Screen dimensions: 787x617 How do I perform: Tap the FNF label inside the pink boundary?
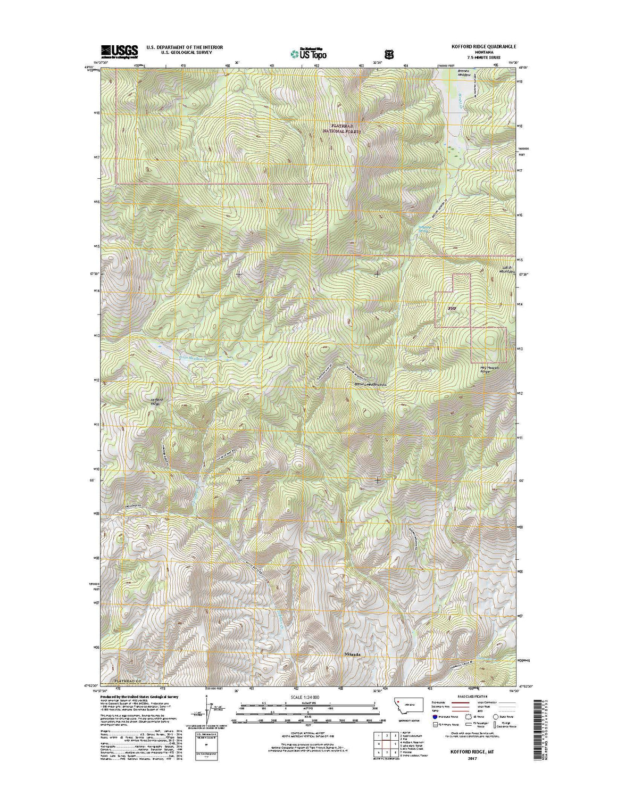tap(452, 308)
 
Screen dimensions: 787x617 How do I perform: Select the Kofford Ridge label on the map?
tap(155, 402)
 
